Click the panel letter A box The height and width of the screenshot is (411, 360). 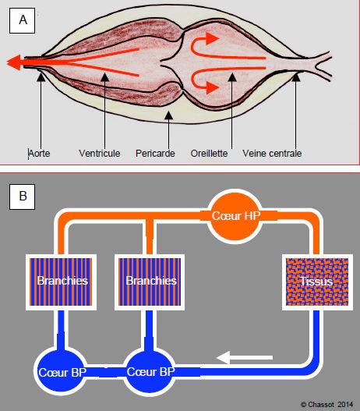pos(23,21)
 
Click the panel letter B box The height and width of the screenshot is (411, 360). pos(23,197)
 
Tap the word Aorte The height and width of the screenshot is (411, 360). pos(39,154)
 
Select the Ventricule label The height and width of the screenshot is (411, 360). pos(100,154)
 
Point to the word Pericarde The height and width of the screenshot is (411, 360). pos(155,154)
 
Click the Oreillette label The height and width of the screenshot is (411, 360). pos(209,154)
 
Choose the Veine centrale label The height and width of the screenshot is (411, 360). pos(272,154)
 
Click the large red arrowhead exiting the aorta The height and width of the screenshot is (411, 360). pos(13,62)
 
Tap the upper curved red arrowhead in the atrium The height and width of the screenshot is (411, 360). pos(212,39)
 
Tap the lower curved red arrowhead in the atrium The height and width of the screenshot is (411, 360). pos(212,87)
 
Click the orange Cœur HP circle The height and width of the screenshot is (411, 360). pos(235,216)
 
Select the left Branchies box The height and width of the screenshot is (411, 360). pos(61,282)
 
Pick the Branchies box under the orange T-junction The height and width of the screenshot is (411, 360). pos(150,282)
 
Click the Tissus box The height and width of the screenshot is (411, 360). pos(317,282)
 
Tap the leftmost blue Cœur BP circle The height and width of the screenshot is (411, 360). pos(61,372)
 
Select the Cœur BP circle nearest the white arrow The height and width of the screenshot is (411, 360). pos(150,372)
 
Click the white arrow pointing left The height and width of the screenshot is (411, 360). pos(245,357)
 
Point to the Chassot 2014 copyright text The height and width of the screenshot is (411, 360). pos(326,405)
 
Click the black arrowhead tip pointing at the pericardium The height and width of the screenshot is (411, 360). pos(168,112)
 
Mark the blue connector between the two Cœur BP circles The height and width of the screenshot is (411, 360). pos(105,372)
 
